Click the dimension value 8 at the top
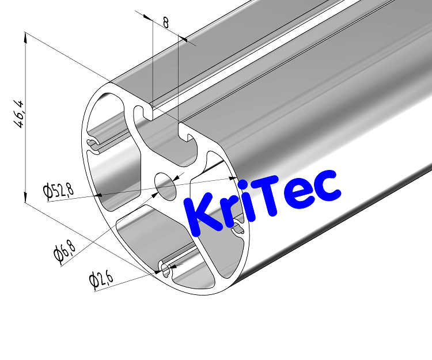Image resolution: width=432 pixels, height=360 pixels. tap(166, 22)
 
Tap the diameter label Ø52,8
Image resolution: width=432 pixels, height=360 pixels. tap(58, 190)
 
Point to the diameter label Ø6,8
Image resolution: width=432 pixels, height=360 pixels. tap(65, 252)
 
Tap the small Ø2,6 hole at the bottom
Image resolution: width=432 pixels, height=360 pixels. tap(165, 267)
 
